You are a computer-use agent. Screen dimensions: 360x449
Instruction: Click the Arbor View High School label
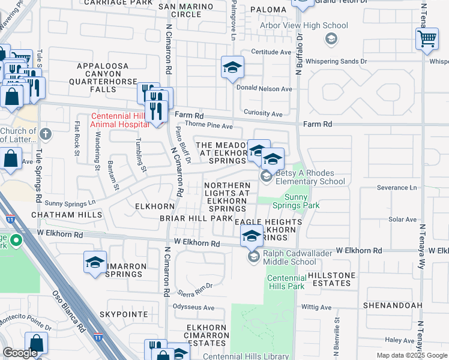tap(303, 26)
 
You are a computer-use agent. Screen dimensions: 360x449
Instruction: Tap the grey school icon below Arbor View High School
tap(330, 39)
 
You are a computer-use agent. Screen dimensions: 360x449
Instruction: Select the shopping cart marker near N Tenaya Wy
tap(427, 39)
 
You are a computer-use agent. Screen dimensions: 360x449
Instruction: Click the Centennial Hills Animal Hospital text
tap(119, 120)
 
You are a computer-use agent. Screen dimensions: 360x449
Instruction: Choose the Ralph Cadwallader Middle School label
tap(290, 257)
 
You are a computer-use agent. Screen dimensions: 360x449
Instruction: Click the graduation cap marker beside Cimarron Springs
tap(95, 263)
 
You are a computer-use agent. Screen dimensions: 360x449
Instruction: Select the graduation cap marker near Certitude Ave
tap(232, 68)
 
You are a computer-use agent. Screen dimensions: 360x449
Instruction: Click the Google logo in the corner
tap(20, 353)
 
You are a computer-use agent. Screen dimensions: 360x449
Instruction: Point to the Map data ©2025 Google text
tap(412, 355)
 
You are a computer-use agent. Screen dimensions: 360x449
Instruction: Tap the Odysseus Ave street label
tap(193, 307)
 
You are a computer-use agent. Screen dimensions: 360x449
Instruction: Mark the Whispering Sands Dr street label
tap(336, 61)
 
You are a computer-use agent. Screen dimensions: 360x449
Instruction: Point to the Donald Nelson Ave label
tap(264, 88)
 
